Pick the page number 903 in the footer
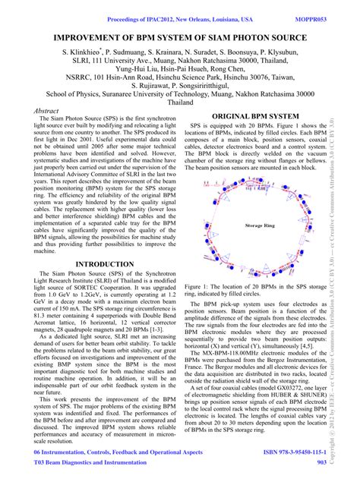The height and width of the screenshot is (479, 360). (321, 461)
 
